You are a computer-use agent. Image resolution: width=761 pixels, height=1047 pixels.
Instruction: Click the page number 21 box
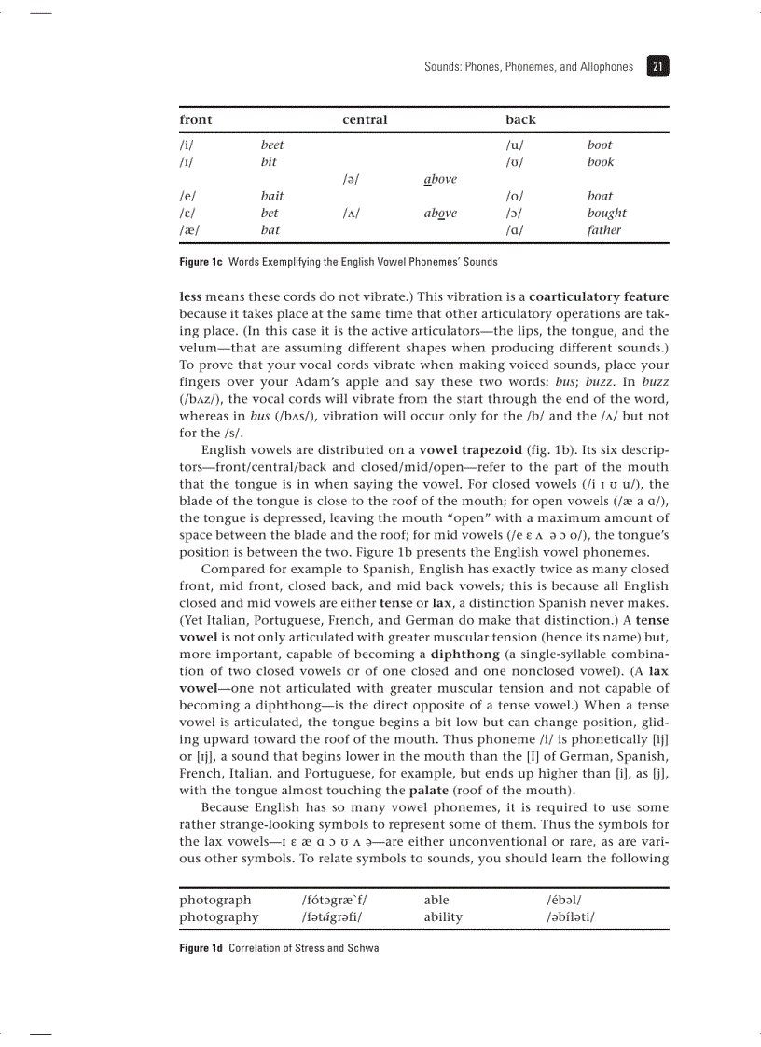click(x=657, y=66)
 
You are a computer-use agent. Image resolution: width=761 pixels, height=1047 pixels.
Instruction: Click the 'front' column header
click(x=196, y=120)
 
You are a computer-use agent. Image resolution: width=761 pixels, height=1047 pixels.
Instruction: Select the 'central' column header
click(x=365, y=120)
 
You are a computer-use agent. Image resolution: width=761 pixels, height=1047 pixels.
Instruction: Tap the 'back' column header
click(x=520, y=120)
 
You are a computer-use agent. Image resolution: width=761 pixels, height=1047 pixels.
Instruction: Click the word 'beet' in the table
click(x=272, y=145)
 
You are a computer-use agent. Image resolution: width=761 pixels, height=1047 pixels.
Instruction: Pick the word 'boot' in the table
click(x=600, y=145)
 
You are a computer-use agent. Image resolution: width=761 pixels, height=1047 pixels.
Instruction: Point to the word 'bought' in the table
click(x=606, y=214)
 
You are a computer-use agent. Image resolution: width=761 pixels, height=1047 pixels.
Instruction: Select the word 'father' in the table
click(x=603, y=230)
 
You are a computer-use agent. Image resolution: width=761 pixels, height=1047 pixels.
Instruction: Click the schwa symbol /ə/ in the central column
click(x=352, y=179)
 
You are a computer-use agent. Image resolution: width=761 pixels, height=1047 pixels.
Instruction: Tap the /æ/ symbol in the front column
click(x=189, y=230)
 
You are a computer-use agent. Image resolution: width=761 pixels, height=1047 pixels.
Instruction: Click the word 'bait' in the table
click(x=272, y=197)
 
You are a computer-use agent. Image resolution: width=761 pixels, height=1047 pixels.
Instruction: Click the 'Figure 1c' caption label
click(x=201, y=262)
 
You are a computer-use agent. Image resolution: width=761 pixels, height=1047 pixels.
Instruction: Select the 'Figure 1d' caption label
click(x=201, y=948)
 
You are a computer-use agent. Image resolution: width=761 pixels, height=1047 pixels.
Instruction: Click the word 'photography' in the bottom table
click(x=219, y=916)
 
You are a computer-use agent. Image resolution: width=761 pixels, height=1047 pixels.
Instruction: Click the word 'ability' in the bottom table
click(x=443, y=916)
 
